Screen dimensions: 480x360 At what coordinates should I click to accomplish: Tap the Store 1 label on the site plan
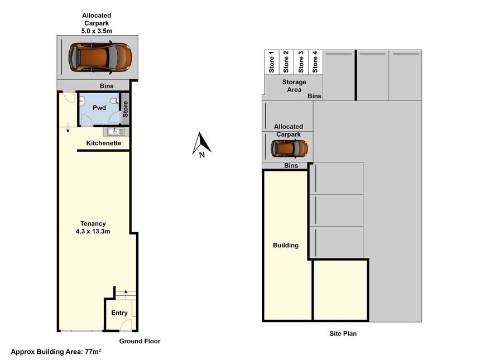click(271, 62)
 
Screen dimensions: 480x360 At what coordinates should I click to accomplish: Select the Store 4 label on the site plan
click(315, 62)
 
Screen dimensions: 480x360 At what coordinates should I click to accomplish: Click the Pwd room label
click(99, 108)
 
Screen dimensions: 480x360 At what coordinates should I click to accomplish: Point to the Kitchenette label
click(103, 143)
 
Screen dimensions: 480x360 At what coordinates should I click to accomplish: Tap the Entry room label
click(119, 313)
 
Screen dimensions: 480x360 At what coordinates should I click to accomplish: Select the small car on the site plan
click(289, 148)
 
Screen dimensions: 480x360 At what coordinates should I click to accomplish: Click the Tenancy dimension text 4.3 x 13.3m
click(93, 232)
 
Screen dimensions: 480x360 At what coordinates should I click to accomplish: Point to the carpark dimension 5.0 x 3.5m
click(97, 31)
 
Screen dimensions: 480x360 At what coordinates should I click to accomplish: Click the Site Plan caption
click(343, 333)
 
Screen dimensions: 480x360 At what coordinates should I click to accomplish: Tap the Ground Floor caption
click(140, 341)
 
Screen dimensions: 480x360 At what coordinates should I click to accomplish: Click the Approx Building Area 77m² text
click(56, 352)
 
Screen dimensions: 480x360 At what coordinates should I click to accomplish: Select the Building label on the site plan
click(286, 245)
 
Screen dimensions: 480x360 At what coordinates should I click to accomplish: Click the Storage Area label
click(294, 86)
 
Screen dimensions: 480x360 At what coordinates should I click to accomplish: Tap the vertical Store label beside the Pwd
click(125, 109)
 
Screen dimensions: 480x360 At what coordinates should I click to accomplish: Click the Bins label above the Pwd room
click(107, 86)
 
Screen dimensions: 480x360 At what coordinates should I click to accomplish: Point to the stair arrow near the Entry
click(126, 295)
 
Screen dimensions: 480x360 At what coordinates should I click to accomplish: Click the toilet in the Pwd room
click(114, 100)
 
